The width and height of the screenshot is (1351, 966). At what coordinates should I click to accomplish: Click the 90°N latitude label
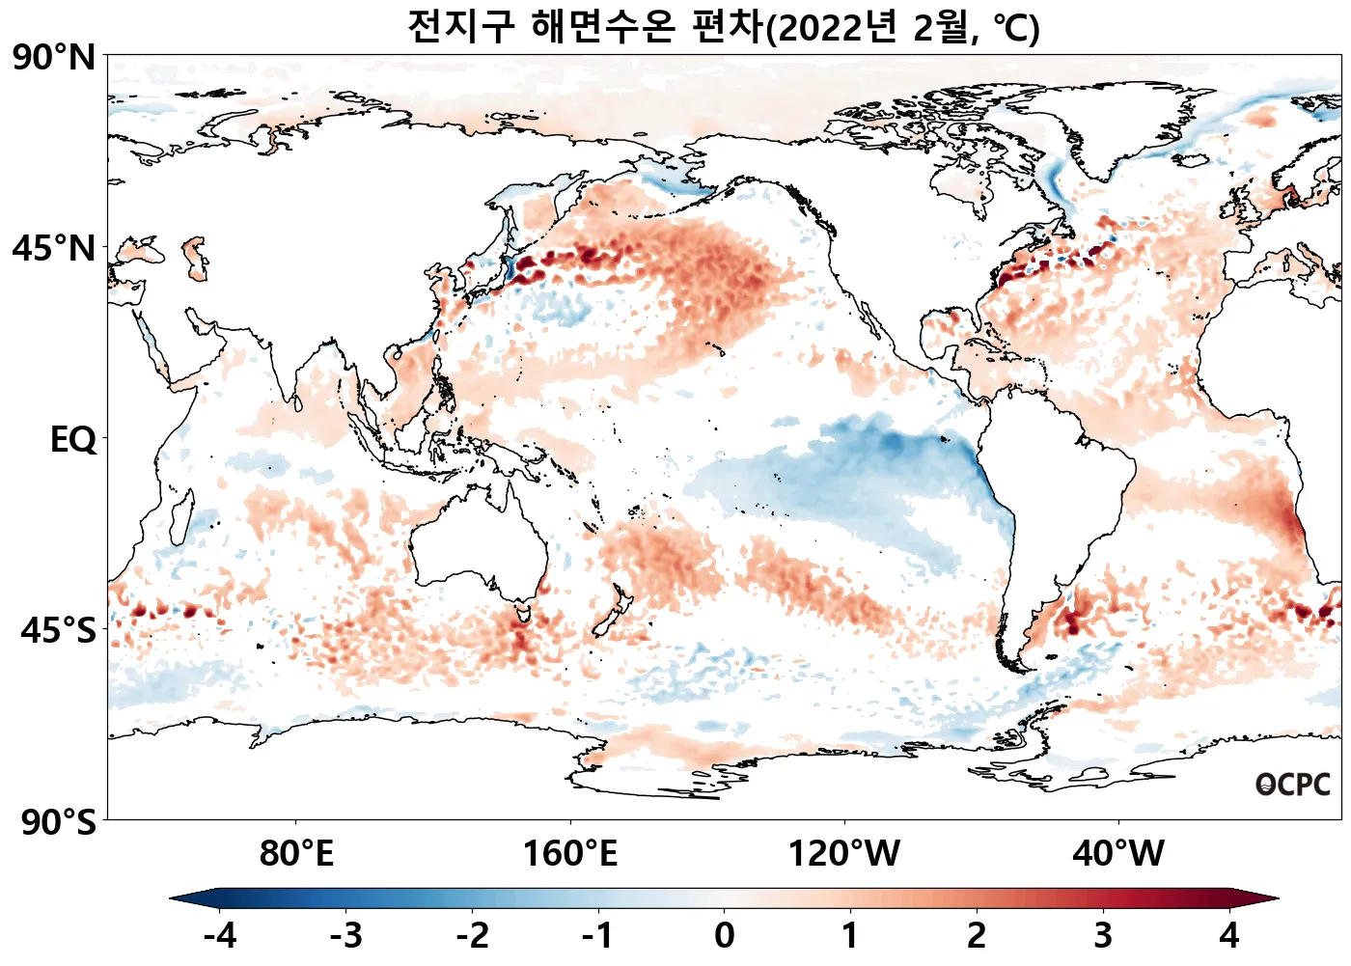point(54,58)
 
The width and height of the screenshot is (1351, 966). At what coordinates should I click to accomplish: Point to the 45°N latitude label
point(54,249)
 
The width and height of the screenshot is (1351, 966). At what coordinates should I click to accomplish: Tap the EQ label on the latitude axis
point(73,440)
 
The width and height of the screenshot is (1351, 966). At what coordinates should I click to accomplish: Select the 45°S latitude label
point(58,631)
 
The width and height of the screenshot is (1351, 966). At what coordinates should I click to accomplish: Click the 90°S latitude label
point(58,823)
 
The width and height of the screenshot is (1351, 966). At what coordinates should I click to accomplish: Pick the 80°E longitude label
point(296,854)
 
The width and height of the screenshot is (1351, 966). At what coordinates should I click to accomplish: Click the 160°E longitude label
point(570,854)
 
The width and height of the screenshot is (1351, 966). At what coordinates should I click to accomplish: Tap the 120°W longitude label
point(844,854)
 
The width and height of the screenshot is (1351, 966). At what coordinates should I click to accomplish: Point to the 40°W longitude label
point(1118,854)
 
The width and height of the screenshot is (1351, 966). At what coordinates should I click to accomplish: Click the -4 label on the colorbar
point(220,935)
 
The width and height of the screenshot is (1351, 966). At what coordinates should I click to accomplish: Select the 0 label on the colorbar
point(724,935)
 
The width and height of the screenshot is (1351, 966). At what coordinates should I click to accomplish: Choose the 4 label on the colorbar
point(1228,935)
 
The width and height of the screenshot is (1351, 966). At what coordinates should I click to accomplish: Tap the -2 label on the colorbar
point(473,935)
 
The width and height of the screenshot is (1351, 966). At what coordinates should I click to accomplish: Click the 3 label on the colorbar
point(1103,935)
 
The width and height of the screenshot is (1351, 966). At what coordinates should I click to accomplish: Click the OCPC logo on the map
point(1293,785)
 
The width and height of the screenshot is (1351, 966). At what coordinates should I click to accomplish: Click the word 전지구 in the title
point(461,26)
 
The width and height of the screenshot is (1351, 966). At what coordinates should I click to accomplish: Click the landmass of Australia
point(478,540)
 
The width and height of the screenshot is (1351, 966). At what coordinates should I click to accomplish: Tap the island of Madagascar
point(179,516)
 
